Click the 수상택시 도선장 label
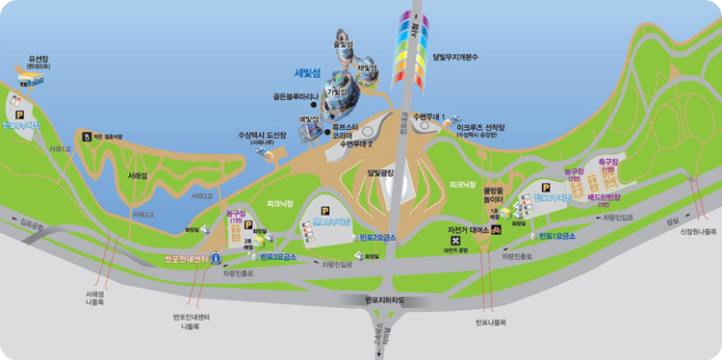pos(263,135)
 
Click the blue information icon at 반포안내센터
pos(216,258)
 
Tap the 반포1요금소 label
pos(557,236)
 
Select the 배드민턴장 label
pos(607,196)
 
